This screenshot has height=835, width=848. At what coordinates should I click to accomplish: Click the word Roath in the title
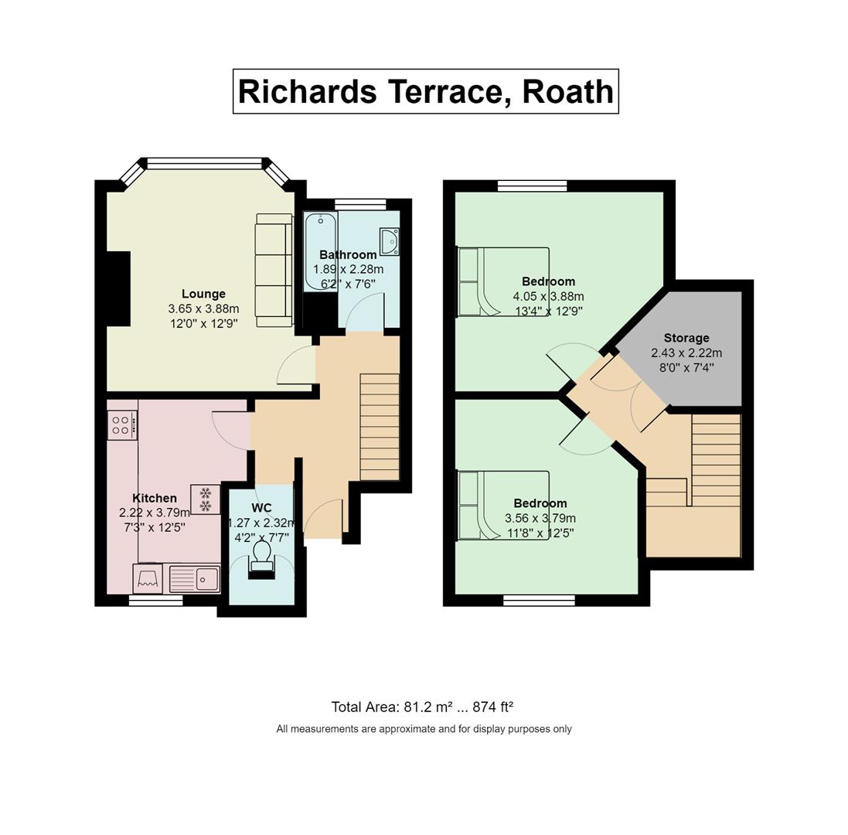click(x=568, y=91)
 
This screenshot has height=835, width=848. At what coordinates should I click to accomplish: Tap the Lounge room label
click(x=203, y=294)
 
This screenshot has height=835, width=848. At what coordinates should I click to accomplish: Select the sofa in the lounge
click(x=274, y=271)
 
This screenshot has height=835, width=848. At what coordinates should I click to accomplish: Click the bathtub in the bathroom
click(x=321, y=251)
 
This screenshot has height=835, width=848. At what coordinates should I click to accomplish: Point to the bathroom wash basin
click(x=390, y=241)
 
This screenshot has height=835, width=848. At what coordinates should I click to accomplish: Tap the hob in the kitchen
click(x=122, y=425)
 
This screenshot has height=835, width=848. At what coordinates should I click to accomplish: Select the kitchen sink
click(x=194, y=578)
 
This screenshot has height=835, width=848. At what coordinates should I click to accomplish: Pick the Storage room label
click(x=686, y=338)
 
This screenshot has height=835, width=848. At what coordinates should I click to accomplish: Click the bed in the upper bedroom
click(x=503, y=281)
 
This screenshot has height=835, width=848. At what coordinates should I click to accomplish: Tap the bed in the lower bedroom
click(x=503, y=506)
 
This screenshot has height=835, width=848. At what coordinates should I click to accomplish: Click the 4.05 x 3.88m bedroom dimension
click(x=548, y=296)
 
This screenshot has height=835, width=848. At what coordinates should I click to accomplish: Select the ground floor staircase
click(x=380, y=427)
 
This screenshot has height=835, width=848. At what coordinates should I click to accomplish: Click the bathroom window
click(x=360, y=204)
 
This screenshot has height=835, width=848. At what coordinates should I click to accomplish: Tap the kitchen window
click(x=155, y=600)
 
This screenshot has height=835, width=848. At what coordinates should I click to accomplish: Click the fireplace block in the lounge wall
click(x=119, y=289)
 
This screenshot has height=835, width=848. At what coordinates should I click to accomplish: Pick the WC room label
click(x=262, y=508)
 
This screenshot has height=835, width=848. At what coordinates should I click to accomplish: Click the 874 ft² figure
click(x=492, y=707)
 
